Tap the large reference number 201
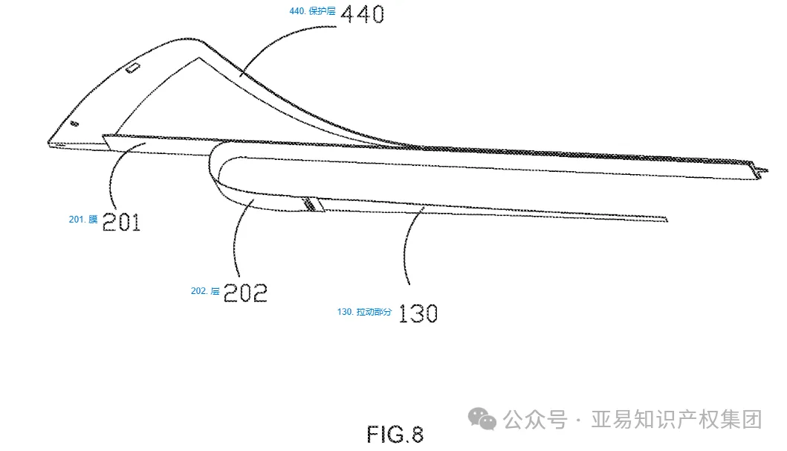click(x=121, y=221)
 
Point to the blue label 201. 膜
click(x=83, y=220)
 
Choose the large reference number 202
click(x=245, y=292)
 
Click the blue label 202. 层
click(x=205, y=291)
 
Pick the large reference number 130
click(x=418, y=313)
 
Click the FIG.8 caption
click(x=395, y=433)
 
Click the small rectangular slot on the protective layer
click(x=133, y=68)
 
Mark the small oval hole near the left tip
click(x=74, y=124)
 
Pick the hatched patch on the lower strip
click(x=313, y=204)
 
